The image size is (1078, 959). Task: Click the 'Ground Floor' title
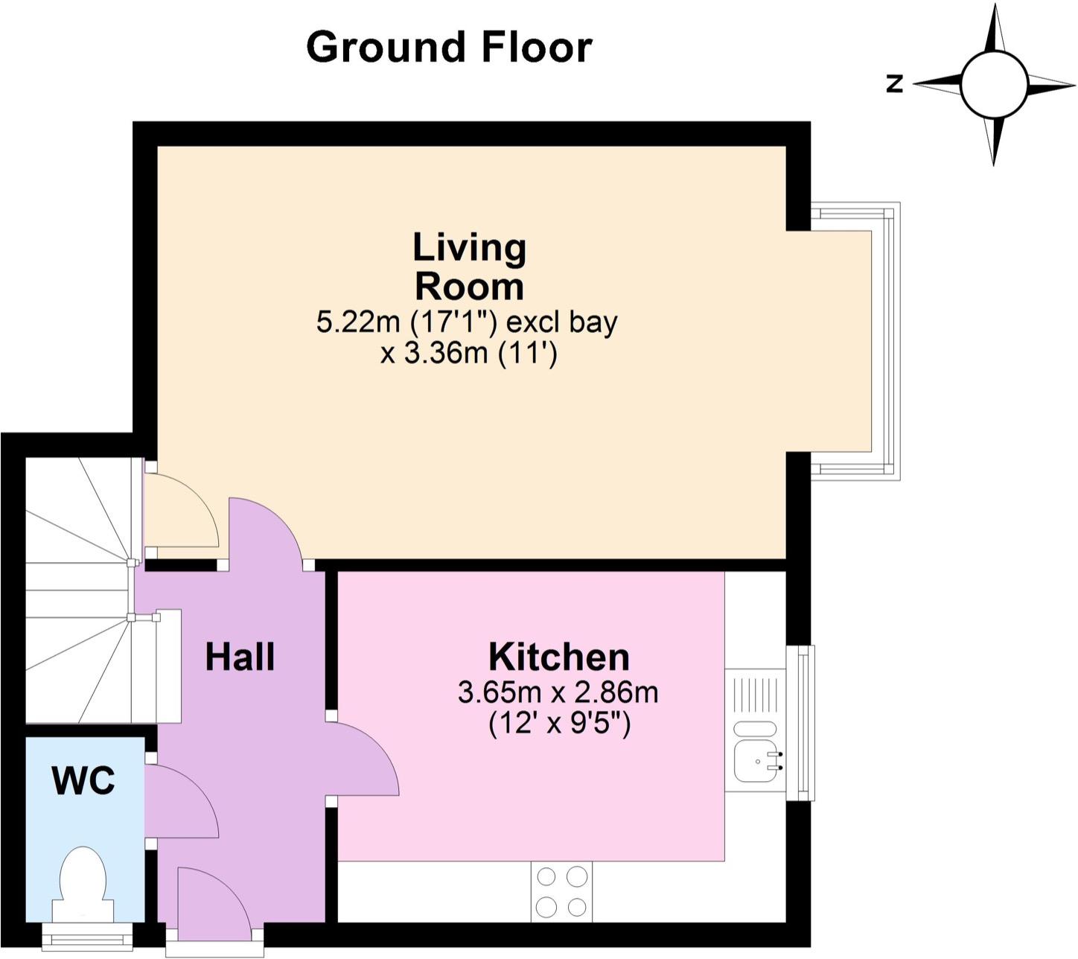[x=449, y=48]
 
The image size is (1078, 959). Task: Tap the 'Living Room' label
[x=469, y=267]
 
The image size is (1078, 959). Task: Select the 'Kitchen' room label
[x=558, y=657]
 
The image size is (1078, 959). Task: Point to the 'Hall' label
[x=240, y=657]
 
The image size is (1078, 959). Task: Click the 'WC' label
[x=83, y=780]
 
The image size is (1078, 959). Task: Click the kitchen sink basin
[x=756, y=761]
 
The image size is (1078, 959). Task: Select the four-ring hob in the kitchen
[x=561, y=891]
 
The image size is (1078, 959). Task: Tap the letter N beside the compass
[x=894, y=84]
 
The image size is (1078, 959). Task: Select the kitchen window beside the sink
[x=801, y=723]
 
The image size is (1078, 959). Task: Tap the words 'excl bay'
[x=562, y=322]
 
